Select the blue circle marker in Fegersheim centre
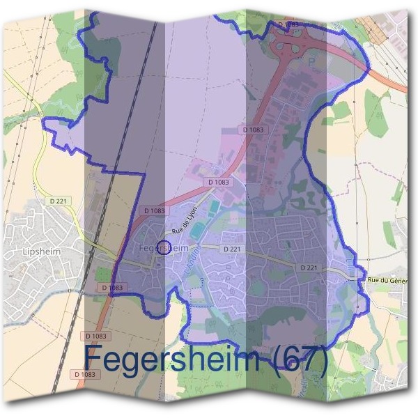point(163,247)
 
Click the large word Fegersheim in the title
point(174,360)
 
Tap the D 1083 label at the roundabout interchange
point(288,24)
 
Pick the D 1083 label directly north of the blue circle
point(155,210)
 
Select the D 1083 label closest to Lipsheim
point(112,287)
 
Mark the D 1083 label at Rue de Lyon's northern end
point(219,183)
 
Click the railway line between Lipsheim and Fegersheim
point(104,209)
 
